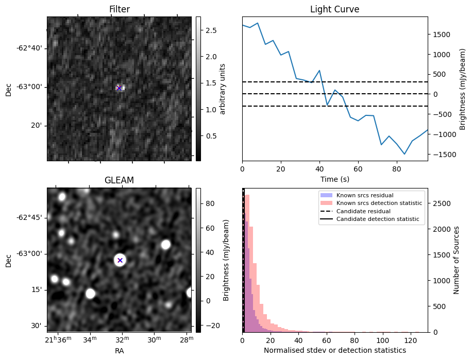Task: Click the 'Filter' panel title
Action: tap(120, 9)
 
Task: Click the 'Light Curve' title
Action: tap(334, 9)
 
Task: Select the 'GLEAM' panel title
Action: tap(120, 180)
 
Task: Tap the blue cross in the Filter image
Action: tap(119, 88)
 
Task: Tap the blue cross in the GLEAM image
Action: tap(120, 260)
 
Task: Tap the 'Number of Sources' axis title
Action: tap(457, 260)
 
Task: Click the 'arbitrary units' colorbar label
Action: tap(223, 89)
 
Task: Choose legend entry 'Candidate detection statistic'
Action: tap(377, 219)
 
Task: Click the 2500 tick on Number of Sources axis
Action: tap(443, 203)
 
